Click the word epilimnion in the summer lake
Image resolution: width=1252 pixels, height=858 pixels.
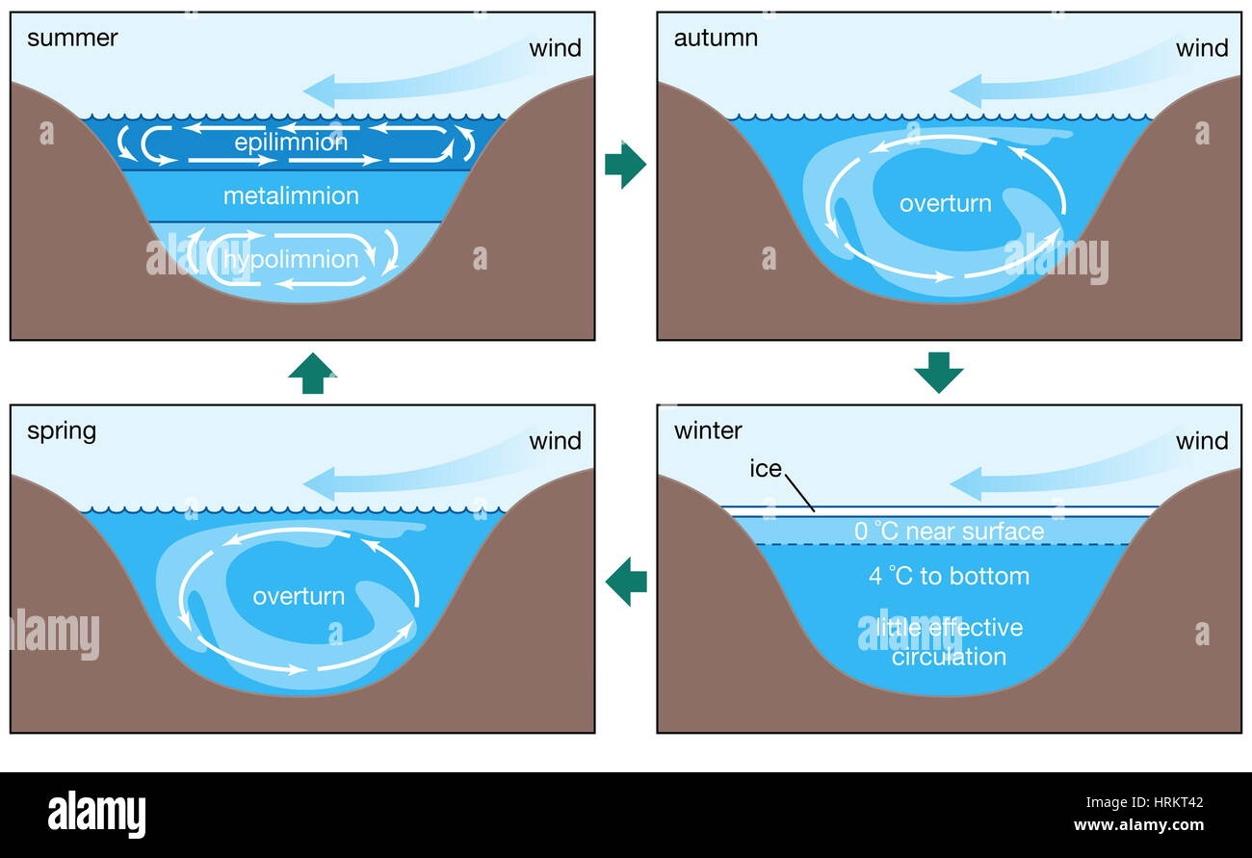tap(290, 143)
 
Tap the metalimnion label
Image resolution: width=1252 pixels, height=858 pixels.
tap(291, 196)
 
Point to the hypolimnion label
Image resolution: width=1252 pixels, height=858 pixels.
tap(291, 259)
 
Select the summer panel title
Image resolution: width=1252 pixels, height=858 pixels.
tap(72, 39)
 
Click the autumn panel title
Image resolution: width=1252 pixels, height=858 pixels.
tap(716, 39)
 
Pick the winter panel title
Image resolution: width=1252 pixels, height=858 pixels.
tap(708, 430)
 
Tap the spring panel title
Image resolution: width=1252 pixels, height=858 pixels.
tap(62, 430)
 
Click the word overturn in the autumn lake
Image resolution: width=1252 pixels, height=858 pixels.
tap(945, 203)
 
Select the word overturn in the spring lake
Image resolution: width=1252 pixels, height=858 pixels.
tap(299, 596)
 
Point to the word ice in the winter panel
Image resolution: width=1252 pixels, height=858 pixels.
tap(766, 469)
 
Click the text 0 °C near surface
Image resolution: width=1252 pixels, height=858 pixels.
tap(949, 532)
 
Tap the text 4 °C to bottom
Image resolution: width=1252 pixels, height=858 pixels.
tap(949, 576)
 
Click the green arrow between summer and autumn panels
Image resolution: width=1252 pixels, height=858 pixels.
tap(625, 165)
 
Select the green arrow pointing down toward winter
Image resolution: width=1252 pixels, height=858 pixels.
tap(938, 372)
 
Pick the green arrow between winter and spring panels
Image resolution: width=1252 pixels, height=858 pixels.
tap(625, 582)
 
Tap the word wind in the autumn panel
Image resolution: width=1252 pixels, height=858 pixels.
tap(1202, 48)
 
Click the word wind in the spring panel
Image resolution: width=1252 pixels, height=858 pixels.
tap(556, 441)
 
